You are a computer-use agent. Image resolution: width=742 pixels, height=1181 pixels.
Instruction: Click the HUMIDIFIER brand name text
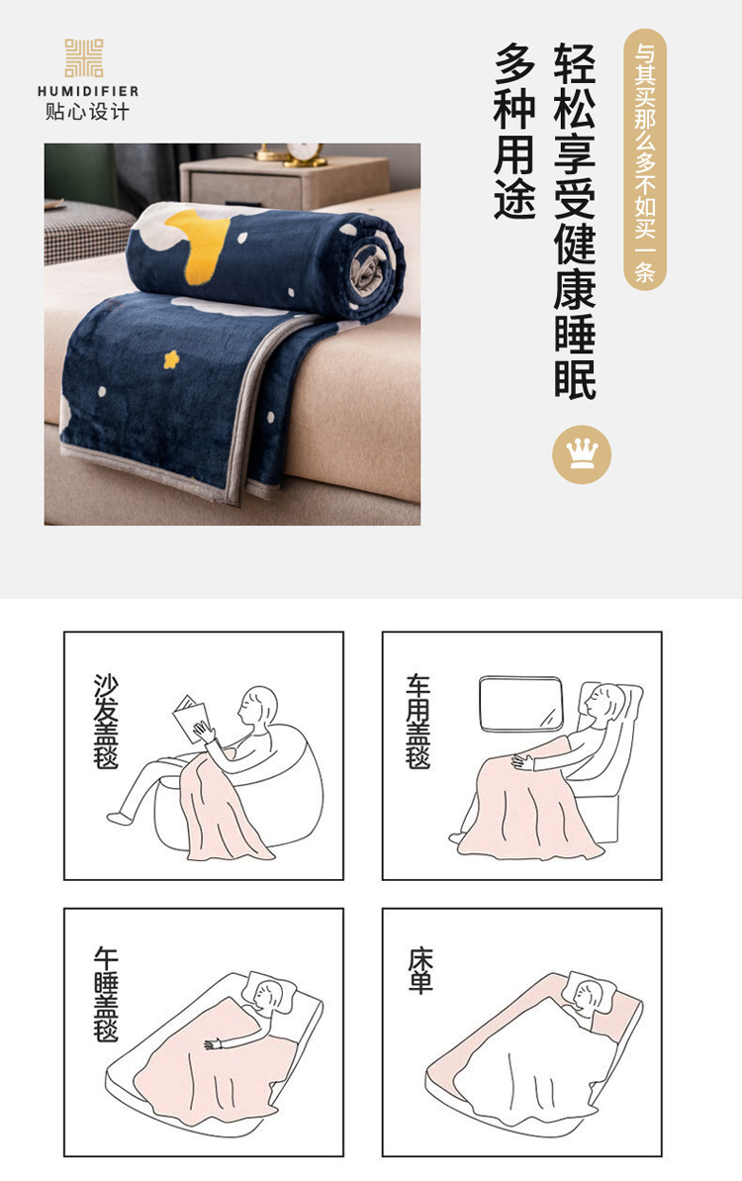coord(88,91)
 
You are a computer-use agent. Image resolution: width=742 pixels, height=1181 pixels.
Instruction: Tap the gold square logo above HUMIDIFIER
coord(83,58)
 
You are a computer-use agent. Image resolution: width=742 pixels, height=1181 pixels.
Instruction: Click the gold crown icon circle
coord(582,454)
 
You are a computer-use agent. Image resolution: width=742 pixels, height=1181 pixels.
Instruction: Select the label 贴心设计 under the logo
coord(87,112)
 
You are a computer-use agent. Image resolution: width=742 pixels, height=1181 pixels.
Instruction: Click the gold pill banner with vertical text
coord(645,159)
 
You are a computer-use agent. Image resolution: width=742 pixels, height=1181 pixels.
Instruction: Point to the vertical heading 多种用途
coord(514,131)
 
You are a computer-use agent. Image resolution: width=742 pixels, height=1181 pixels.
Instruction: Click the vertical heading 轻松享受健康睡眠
coord(575,221)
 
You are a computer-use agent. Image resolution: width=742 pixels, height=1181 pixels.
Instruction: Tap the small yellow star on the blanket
coord(172,359)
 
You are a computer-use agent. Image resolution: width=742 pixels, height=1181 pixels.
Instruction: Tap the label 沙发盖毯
coord(106,721)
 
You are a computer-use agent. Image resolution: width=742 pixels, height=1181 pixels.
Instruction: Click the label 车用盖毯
coord(418,721)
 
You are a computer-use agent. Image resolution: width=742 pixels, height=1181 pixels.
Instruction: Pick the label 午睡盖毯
coord(106,994)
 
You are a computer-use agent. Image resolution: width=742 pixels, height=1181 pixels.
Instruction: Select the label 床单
coord(420,971)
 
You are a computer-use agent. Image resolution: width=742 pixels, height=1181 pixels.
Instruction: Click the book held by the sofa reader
coord(190,719)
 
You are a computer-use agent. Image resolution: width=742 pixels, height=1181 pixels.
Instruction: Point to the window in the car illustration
coord(520,704)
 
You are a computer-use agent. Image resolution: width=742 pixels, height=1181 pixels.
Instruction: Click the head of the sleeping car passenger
coord(605,703)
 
